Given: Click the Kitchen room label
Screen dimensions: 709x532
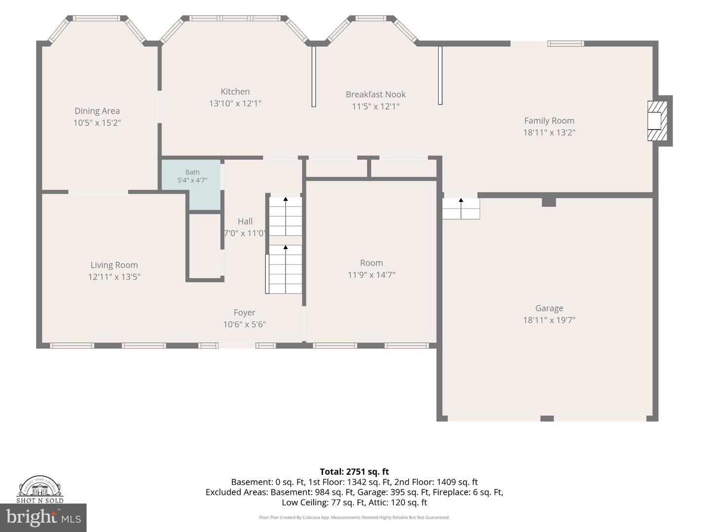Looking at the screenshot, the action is (235, 92).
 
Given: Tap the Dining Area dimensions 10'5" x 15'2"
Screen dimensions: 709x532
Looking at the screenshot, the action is (97, 123).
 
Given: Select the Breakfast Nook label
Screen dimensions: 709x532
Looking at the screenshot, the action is (376, 94).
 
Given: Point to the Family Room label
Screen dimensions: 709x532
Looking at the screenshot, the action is (549, 121).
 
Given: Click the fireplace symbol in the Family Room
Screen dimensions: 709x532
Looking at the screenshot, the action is (657, 121).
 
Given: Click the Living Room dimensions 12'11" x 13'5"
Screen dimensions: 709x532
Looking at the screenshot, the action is (114, 277).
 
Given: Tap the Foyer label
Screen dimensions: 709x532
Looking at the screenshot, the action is (245, 313).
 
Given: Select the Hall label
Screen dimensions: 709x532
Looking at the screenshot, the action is (245, 222).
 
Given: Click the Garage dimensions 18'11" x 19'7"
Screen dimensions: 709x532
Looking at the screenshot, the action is (549, 320).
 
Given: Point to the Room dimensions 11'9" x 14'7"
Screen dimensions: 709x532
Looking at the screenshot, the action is (371, 275).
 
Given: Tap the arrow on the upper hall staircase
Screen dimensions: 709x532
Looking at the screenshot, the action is (286, 216).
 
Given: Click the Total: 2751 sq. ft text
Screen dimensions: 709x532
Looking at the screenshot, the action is (354, 471).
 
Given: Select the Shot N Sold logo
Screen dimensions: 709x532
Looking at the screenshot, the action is (40, 489).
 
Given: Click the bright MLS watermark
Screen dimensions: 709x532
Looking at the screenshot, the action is (43, 518).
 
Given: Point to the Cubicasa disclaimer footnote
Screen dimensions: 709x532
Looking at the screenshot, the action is (354, 517).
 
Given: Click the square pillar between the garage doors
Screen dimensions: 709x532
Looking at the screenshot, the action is (547, 419).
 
